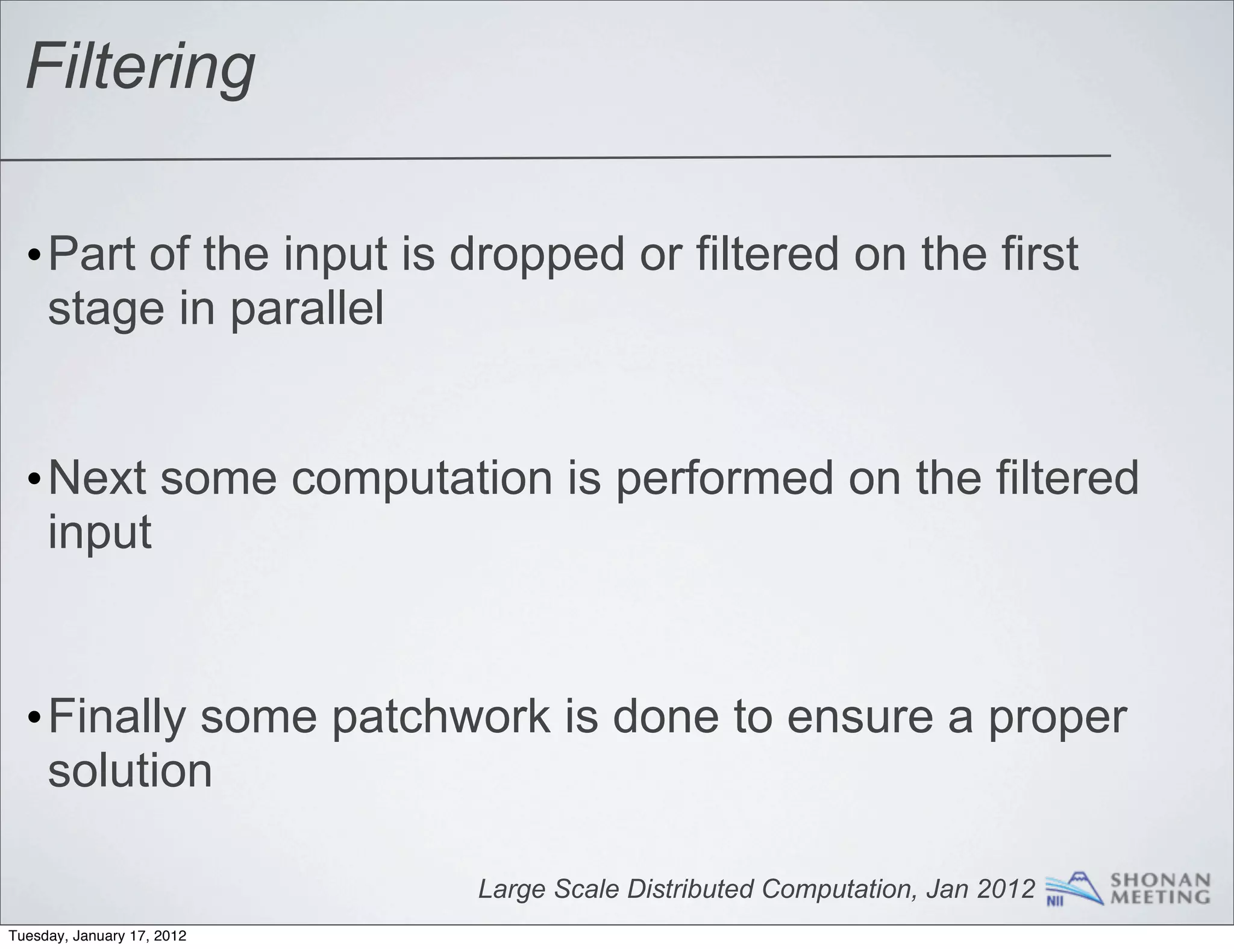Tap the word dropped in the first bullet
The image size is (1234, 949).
coord(537,255)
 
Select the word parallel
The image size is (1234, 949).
coord(307,310)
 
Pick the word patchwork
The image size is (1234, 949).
coord(440,717)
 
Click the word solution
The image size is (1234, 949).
coord(130,771)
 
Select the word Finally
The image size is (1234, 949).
coord(116,717)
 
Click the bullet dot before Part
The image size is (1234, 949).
coord(34,258)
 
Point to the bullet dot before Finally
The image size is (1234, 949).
coord(34,720)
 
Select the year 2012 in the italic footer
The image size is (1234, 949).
coord(1006,889)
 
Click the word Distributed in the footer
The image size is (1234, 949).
coord(691,889)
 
